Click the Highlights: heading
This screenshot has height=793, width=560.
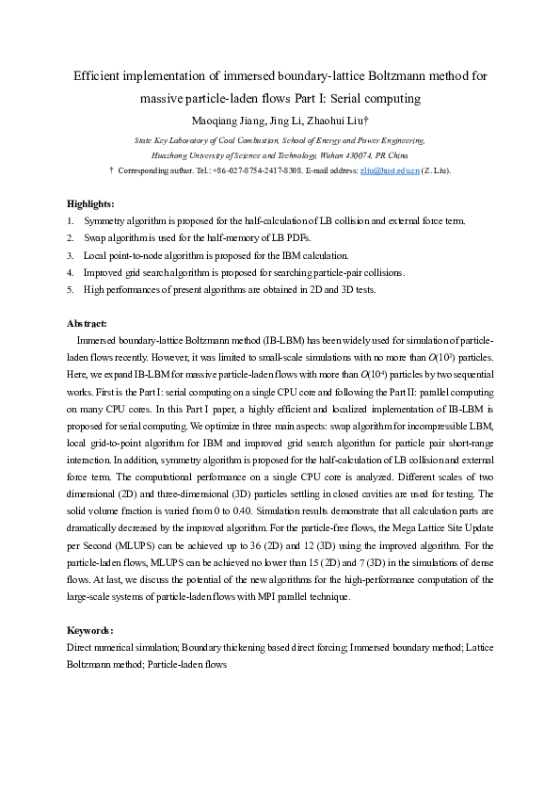point(90,203)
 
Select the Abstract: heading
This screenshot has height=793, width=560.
point(87,323)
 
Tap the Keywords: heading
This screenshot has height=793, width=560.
point(90,630)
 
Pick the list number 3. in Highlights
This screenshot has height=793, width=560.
point(71,255)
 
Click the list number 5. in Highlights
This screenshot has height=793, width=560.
point(71,290)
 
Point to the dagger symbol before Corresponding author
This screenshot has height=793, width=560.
point(112,170)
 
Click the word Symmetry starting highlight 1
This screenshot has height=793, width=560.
point(105,221)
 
